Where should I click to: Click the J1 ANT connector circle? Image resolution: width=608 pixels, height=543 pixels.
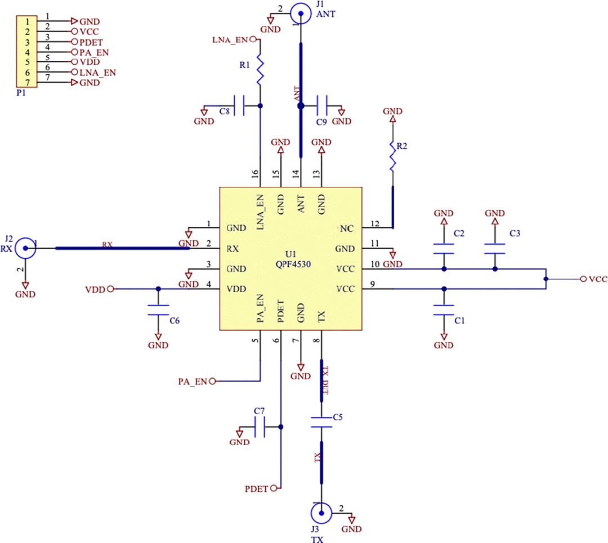pyautogui.click(x=299, y=13)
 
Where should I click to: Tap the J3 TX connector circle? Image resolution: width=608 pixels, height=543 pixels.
pyautogui.click(x=321, y=513)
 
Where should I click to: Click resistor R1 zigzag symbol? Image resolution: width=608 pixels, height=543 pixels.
pyautogui.click(x=260, y=71)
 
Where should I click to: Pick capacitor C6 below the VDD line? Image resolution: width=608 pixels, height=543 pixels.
pyautogui.click(x=158, y=310)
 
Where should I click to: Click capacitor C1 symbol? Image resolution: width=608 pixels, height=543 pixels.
pyautogui.click(x=444, y=310)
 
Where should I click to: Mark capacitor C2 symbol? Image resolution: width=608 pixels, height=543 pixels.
pyautogui.click(x=444, y=248)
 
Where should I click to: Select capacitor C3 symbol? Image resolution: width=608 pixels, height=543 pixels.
pyautogui.click(x=495, y=248)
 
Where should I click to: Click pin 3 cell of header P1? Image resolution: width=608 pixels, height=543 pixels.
pyautogui.click(x=26, y=42)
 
